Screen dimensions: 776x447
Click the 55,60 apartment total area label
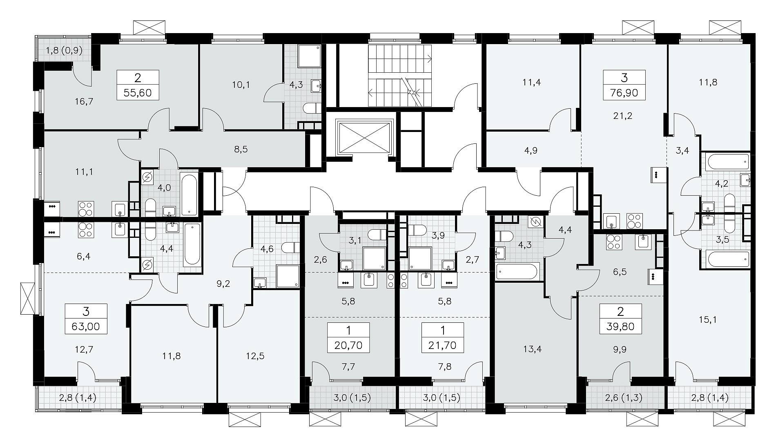(x=137, y=93)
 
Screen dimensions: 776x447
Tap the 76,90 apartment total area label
(x=624, y=93)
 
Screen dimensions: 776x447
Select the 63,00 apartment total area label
(x=86, y=326)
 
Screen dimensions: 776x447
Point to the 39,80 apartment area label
(x=620, y=326)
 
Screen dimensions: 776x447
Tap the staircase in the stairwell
(x=400, y=76)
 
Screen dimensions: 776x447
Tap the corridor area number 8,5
(x=241, y=149)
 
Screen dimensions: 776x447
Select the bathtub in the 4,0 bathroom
(x=189, y=194)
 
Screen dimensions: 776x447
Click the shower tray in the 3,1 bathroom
(x=374, y=258)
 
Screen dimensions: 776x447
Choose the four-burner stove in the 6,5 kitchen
(x=613, y=242)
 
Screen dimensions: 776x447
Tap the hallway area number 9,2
(x=223, y=283)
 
